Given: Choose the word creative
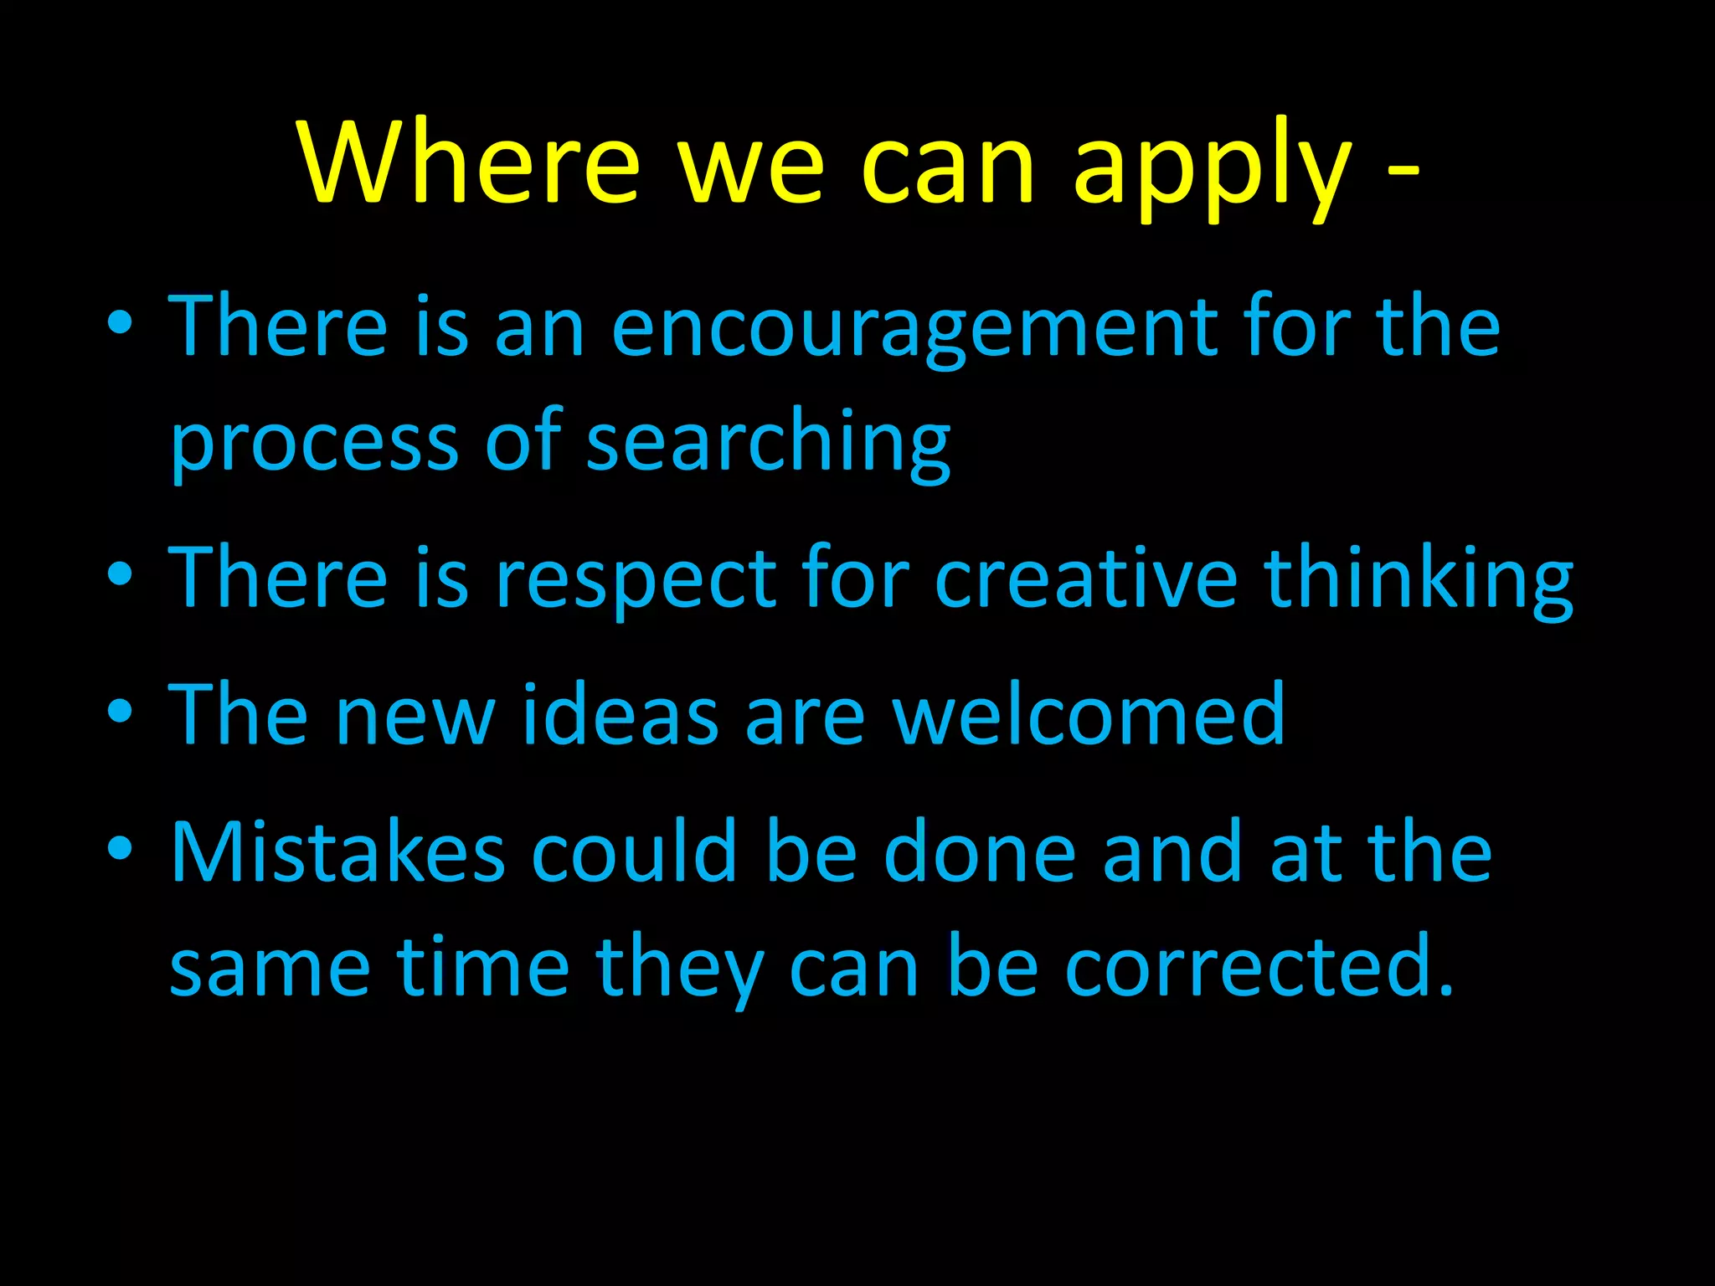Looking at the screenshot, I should pos(1086,578).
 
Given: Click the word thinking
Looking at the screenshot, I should pos(1419,578).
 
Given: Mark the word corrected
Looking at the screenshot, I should pos(1259,966).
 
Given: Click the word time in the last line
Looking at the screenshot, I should pos(482,966).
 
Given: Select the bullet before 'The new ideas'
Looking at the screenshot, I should pos(121,712).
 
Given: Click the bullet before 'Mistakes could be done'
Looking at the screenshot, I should pos(121,849).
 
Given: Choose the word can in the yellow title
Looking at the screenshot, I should pos(948,167).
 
